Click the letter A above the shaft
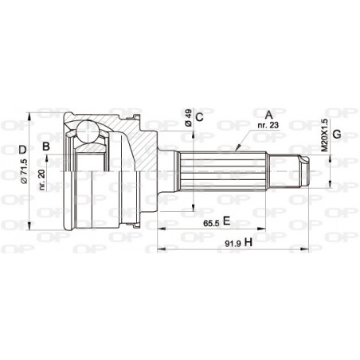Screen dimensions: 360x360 [x=269, y=112]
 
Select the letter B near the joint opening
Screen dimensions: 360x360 [x=47, y=146]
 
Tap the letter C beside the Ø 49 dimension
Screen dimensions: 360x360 [x=200, y=117]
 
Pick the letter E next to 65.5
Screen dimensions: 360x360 [x=227, y=220]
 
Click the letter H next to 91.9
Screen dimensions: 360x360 [x=248, y=241]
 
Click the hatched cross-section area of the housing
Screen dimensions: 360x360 [x=135, y=143]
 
